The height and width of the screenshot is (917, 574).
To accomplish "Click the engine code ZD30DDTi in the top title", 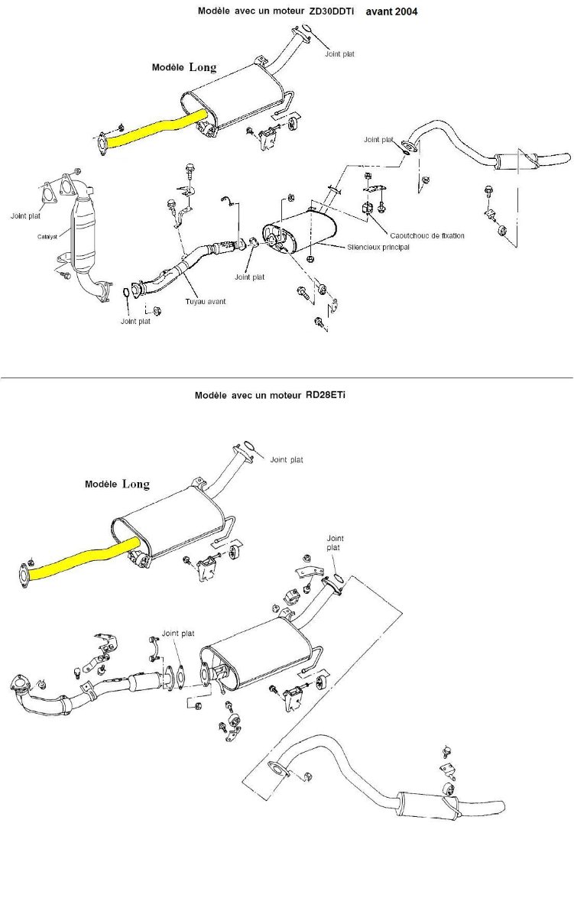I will pos(332,12).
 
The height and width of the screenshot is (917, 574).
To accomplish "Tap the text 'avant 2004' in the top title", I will pos(391,12).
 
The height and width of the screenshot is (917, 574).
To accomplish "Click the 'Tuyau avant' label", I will pos(205,301).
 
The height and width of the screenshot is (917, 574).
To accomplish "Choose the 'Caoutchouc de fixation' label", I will pos(426,236).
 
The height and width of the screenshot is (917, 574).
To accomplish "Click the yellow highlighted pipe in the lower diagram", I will pos(84,560).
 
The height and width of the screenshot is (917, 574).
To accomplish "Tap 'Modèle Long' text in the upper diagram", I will pos(184,67).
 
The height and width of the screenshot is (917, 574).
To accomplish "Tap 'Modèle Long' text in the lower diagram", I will pos(117,484).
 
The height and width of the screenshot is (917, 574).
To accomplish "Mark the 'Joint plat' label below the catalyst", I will pos(135,321).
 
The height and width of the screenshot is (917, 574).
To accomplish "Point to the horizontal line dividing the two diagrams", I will pos(287,377).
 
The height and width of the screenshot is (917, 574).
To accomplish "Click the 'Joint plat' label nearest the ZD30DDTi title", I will pos(339,54).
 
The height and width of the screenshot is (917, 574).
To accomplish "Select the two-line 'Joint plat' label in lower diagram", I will pos(335,543).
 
